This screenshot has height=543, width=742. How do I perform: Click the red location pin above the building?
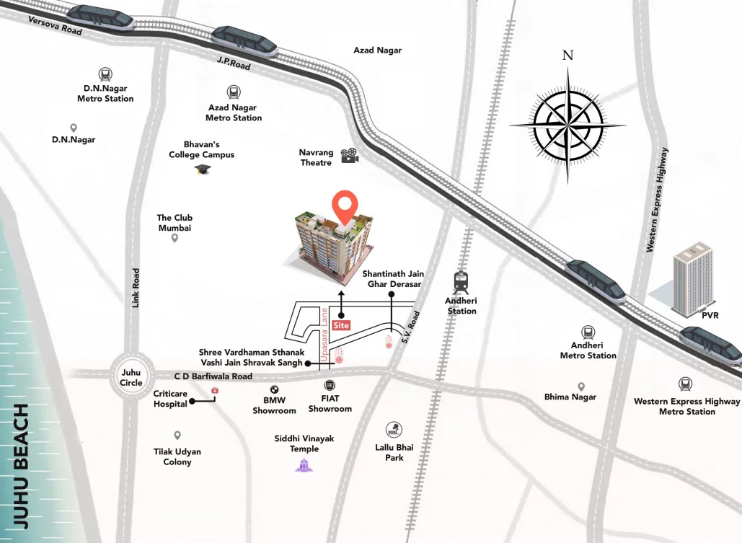click(347, 206)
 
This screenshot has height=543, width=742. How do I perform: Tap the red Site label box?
click(343, 325)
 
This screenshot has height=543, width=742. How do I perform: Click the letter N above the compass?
click(567, 56)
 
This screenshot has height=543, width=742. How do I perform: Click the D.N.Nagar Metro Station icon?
click(105, 74)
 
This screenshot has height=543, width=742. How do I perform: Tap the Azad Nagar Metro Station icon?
click(234, 92)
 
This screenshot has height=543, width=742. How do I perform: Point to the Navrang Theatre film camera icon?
click(350, 155)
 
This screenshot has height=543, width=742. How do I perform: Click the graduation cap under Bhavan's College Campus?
click(202, 169)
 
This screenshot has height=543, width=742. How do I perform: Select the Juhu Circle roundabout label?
click(131, 377)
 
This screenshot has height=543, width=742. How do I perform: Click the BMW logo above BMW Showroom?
click(274, 389)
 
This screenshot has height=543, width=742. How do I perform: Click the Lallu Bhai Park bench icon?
click(394, 430)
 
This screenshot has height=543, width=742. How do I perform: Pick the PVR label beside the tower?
click(710, 316)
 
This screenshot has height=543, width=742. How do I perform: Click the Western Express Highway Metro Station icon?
click(686, 384)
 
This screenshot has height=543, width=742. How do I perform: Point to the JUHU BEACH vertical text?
click(22, 466)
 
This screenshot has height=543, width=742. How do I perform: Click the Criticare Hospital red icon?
click(214, 392)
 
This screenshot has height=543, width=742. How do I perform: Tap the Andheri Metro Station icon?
click(588, 332)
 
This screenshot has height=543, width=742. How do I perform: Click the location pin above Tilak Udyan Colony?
click(177, 436)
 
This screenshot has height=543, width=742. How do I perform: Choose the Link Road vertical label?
click(136, 288)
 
